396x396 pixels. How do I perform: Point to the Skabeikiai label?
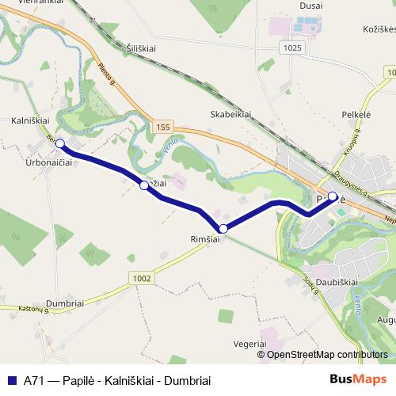[x=231, y=113]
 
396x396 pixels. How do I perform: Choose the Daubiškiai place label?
[x=337, y=280]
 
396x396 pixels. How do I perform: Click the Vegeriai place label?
[x=249, y=344]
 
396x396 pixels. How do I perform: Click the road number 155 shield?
[x=163, y=127]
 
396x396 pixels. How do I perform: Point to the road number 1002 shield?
[x=142, y=277]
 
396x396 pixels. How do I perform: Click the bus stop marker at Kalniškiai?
[x=59, y=144]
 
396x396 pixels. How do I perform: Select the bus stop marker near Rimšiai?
[x=223, y=228]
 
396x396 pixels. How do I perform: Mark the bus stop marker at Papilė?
[x=333, y=196]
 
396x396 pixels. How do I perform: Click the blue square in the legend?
[x=11, y=380]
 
